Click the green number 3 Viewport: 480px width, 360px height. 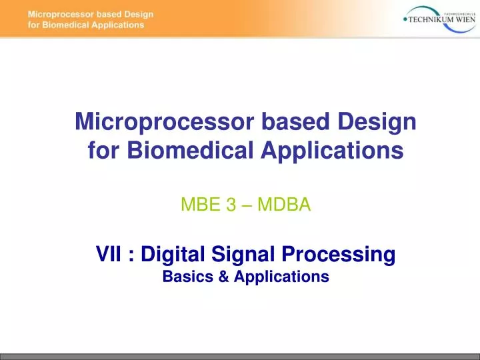click(231, 205)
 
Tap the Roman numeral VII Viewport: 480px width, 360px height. click(108, 255)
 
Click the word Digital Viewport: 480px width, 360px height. click(173, 255)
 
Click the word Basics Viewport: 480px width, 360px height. click(187, 277)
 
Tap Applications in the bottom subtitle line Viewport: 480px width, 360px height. click(279, 277)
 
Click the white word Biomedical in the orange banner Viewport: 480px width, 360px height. click(65, 25)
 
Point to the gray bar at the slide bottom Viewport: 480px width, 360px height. click(240, 357)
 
